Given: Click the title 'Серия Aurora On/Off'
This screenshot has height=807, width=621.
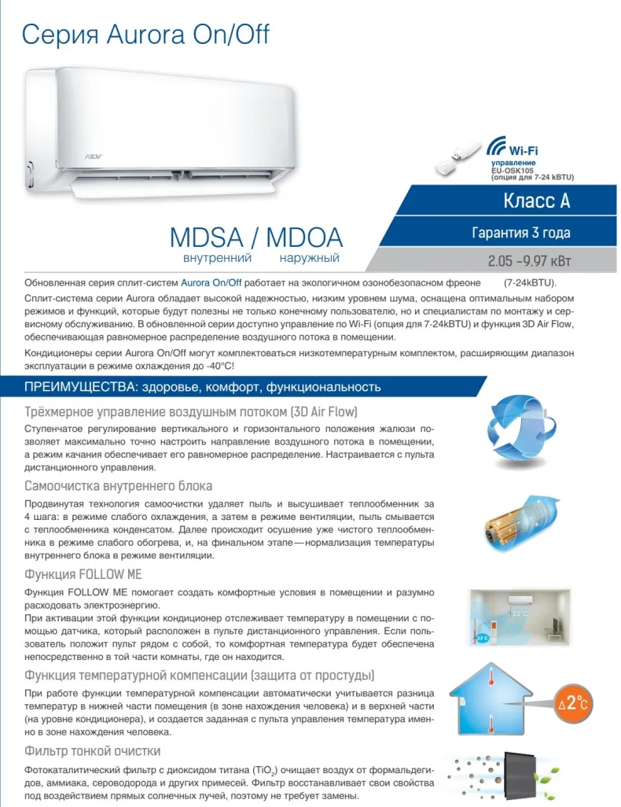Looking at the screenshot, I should click(x=146, y=35).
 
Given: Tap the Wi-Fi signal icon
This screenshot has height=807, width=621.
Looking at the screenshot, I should click(x=496, y=146).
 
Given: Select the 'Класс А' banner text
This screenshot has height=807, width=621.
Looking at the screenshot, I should click(x=536, y=201).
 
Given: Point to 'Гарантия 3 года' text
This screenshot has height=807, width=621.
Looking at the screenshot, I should click(x=520, y=233).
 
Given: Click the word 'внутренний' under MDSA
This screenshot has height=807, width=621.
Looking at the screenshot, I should click(x=217, y=258).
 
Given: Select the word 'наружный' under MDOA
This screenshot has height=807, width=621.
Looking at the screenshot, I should click(x=309, y=258).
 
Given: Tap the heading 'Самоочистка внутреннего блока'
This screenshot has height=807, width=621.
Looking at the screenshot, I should click(x=119, y=485).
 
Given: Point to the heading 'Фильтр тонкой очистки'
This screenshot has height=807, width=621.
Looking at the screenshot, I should click(x=93, y=750).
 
